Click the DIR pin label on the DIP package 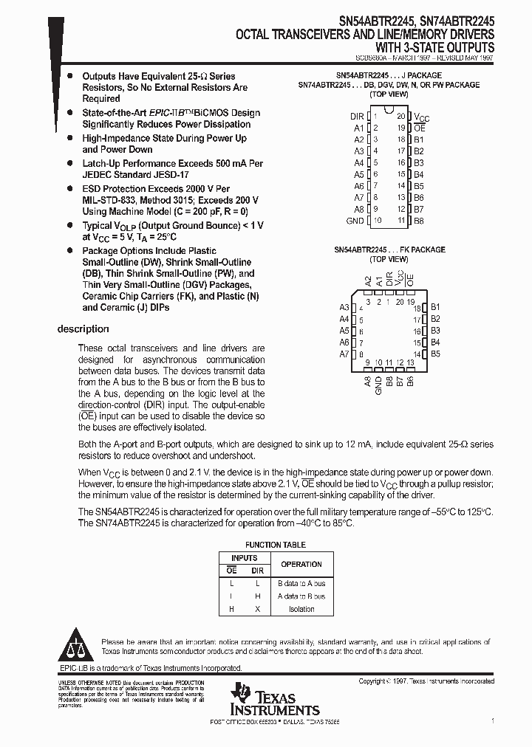[357, 117]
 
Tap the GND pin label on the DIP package [355, 221]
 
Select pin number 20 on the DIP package [400, 117]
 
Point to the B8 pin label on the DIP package [419, 221]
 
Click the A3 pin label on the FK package [344, 308]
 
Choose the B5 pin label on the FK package [435, 354]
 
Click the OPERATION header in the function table [301, 564]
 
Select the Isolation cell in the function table [301, 609]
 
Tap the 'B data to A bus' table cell [301, 584]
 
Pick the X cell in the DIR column [257, 609]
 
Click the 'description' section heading [83, 329]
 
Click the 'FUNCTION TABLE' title [275, 545]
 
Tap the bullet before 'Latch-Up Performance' [69, 163]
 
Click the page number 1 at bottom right [492, 720]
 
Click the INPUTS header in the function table [245, 558]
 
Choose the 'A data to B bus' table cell [301, 596]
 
